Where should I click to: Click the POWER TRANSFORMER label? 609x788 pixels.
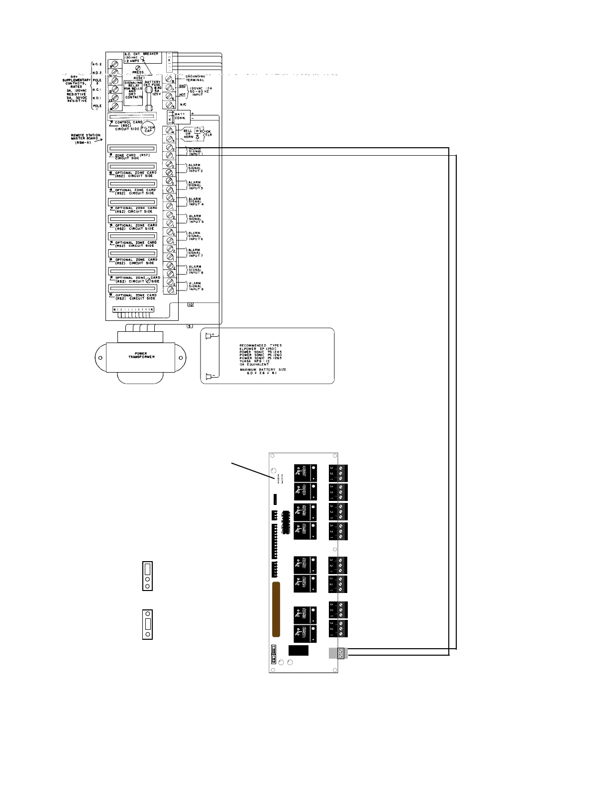(141, 355)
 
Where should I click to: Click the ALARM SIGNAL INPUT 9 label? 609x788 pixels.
(195, 286)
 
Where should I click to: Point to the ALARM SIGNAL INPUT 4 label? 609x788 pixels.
(195, 201)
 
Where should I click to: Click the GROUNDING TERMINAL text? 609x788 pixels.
(195, 78)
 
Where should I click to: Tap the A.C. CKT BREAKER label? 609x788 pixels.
(141, 54)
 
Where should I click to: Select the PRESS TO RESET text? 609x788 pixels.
(138, 75)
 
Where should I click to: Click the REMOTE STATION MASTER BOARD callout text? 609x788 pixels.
(86, 137)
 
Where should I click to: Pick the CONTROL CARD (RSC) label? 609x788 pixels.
(128, 125)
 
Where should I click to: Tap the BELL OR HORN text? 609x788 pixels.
(188, 133)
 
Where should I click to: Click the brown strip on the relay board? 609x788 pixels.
(276, 609)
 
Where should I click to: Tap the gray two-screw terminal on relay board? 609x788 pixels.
(338, 653)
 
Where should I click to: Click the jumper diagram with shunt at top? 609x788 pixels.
(147, 576)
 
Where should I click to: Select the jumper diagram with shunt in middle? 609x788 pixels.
(147, 624)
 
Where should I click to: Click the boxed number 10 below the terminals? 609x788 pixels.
(190, 304)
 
